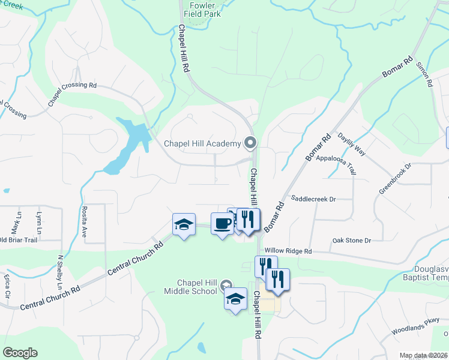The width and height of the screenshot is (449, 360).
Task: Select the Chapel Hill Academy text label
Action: (202, 143)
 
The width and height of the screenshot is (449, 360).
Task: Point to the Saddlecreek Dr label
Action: (313, 198)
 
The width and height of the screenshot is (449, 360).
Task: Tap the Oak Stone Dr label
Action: (352, 241)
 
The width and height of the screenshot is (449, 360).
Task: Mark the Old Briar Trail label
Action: (19, 240)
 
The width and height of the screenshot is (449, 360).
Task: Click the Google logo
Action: (20, 353)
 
